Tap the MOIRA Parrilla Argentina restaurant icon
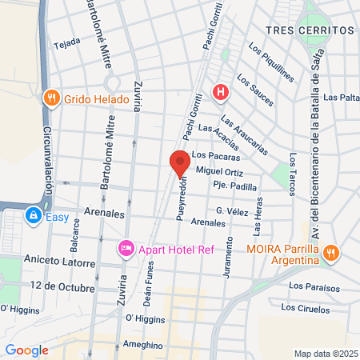click(333, 254)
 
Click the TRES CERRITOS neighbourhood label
click(309, 30)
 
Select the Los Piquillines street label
click(271, 62)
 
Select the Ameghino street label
click(143, 346)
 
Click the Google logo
click(26, 350)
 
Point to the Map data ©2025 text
click(323, 354)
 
